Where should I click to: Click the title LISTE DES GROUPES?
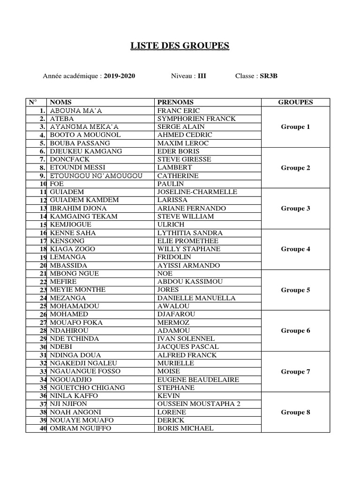(x=180, y=45)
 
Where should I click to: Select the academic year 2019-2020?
(x=120, y=75)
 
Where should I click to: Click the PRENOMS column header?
(x=175, y=102)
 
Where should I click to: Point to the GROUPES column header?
(x=295, y=102)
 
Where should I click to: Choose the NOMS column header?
(x=60, y=102)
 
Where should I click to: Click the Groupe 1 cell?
(x=295, y=127)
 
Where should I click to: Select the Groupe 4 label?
(x=295, y=249)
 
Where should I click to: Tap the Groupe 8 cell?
(x=295, y=412)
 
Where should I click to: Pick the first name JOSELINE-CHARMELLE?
(x=197, y=192)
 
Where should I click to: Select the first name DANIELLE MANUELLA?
(x=196, y=298)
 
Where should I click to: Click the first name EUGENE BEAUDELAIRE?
(x=198, y=379)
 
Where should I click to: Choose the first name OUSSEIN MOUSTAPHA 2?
(x=199, y=404)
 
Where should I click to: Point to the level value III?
(x=202, y=75)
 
